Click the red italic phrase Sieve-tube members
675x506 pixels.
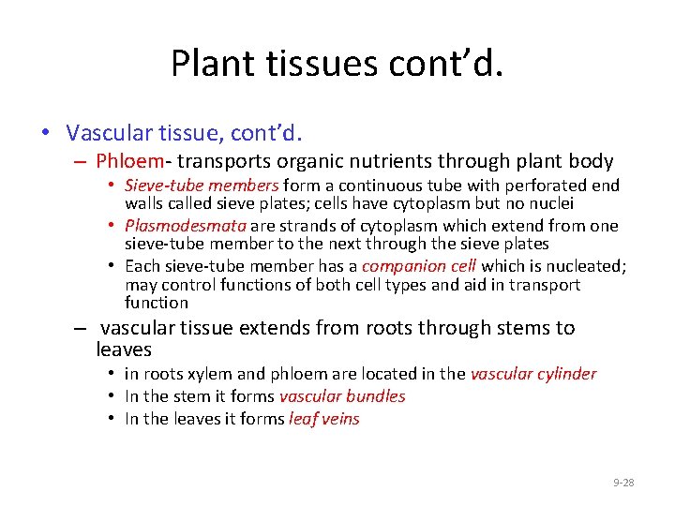coord(202,186)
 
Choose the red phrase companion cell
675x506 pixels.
coord(419,266)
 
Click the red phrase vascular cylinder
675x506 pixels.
coord(533,374)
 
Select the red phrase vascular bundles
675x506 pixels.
coord(342,396)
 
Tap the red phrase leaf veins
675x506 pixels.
coord(324,419)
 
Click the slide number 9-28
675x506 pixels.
coord(623,483)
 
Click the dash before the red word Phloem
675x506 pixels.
coord(82,161)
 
